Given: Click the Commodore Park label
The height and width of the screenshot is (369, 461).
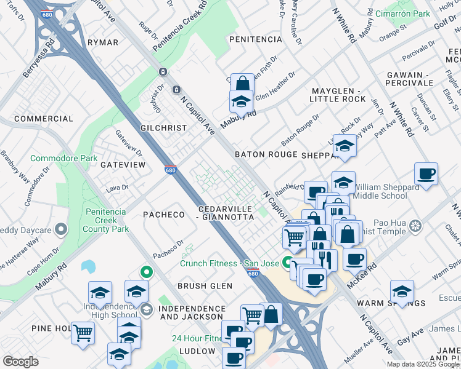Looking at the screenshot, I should coord(63,158).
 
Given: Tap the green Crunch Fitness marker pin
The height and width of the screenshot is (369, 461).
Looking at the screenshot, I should coord(287,263).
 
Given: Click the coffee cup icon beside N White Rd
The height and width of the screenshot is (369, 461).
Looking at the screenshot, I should coord(426,173).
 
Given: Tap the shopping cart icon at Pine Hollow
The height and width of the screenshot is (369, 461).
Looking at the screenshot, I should coord(83,332).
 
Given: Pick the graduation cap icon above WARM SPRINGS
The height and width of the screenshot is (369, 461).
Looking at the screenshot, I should coord(402,290).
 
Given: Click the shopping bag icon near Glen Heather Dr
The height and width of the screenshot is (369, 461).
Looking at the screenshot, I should coord(243,84).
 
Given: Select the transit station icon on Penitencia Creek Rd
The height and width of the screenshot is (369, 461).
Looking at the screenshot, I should coord(163,71).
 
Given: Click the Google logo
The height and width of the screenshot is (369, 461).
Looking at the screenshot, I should coord(20,361).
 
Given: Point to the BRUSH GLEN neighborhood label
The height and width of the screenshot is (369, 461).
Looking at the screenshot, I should coord(205,286).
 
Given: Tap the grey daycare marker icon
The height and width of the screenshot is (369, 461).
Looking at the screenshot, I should coord(60,229).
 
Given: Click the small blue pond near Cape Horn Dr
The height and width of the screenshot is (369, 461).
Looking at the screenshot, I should coord(88,266).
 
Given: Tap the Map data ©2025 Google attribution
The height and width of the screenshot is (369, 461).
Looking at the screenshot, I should coord(423,364).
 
